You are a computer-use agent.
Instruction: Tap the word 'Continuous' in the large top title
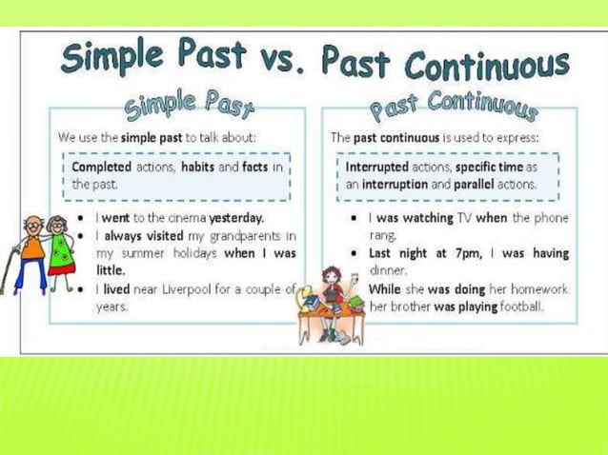tap(486, 64)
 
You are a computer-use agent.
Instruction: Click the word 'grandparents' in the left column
tap(240, 235)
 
